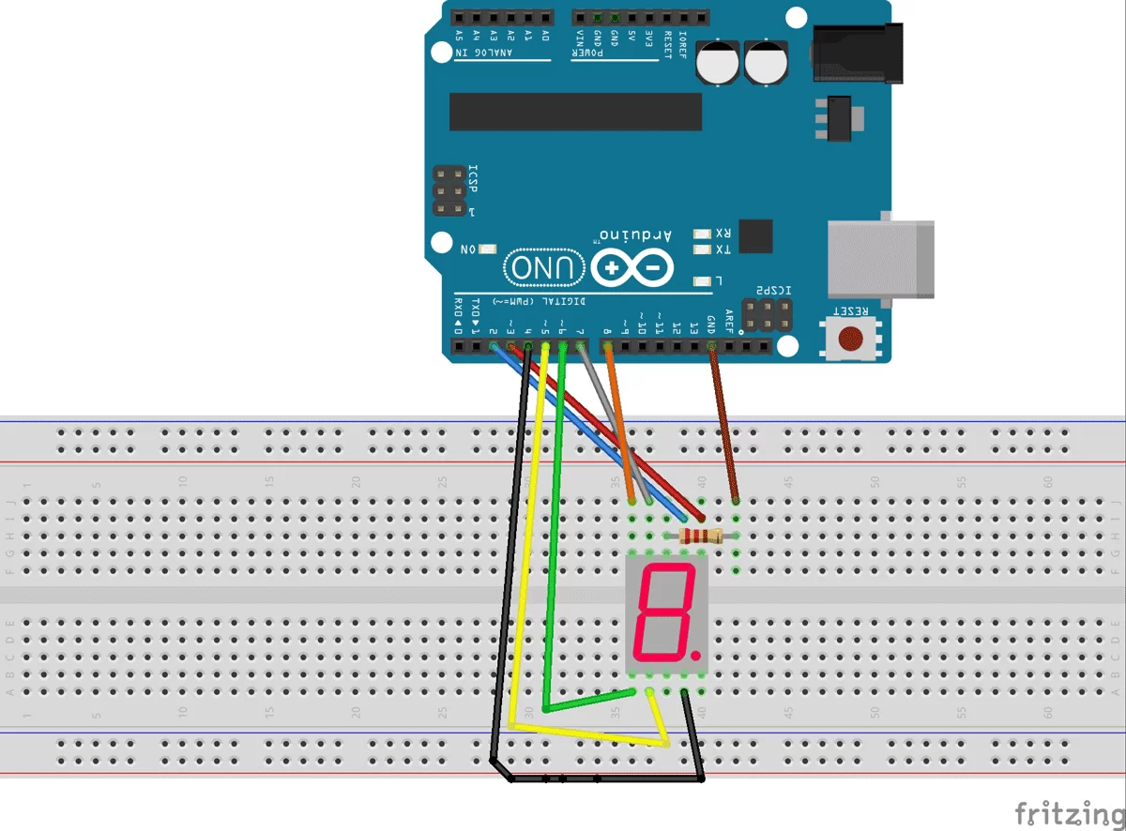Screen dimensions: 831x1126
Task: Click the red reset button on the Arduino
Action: [851, 338]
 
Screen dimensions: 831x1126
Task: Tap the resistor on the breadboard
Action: [700, 536]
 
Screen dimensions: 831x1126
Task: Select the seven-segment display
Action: [666, 613]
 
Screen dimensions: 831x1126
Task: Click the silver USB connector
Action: [881, 259]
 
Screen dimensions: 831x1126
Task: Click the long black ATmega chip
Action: [575, 112]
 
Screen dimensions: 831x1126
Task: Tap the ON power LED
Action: [487, 249]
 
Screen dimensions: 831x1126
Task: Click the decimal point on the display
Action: [695, 650]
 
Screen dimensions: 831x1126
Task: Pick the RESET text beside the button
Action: [851, 310]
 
